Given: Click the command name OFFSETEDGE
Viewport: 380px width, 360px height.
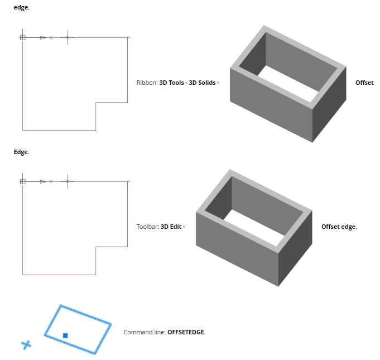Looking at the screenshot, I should pyautogui.click(x=186, y=332).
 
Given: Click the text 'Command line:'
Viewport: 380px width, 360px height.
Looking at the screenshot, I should pyautogui.click(x=145, y=332).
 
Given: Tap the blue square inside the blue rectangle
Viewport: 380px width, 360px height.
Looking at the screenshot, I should pyautogui.click(x=65, y=335).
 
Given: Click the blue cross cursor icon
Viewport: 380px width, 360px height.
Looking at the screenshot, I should pyautogui.click(x=26, y=345).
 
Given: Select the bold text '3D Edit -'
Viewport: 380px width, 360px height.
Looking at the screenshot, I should pyautogui.click(x=172, y=227).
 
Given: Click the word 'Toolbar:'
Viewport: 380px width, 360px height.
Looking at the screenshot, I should pyautogui.click(x=147, y=227).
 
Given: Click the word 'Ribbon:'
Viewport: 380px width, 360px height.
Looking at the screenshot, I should pyautogui.click(x=147, y=83).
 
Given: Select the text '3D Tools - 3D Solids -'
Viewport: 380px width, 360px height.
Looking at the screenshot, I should pyautogui.click(x=189, y=83).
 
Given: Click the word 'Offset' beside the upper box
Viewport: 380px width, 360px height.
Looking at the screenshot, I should pyautogui.click(x=364, y=83).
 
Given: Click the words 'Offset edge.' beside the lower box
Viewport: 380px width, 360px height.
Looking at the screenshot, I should pyautogui.click(x=339, y=227).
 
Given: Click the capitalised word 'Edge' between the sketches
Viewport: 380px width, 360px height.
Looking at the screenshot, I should pyautogui.click(x=21, y=152).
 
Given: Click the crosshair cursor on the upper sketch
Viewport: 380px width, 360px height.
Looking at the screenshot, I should pyautogui.click(x=68, y=37).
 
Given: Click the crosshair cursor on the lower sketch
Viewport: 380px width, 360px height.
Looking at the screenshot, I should pyautogui.click(x=68, y=181).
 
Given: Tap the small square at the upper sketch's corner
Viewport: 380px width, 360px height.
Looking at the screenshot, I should pyautogui.click(x=22, y=37).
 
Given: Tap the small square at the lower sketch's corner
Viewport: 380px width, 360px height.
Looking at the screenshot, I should pyautogui.click(x=22, y=181).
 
